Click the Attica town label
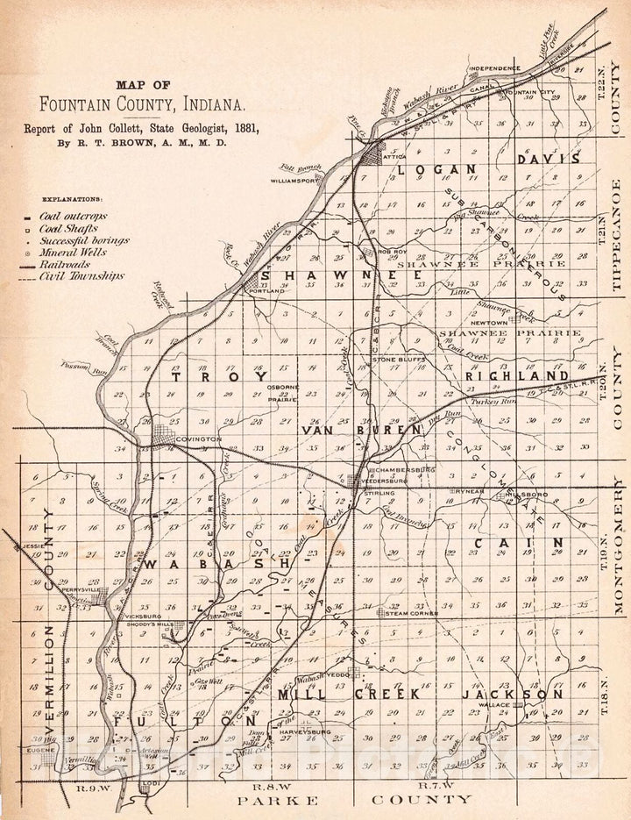click(386, 159)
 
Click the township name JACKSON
click(512, 694)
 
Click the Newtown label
click(489, 323)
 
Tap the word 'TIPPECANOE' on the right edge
click(617, 233)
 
